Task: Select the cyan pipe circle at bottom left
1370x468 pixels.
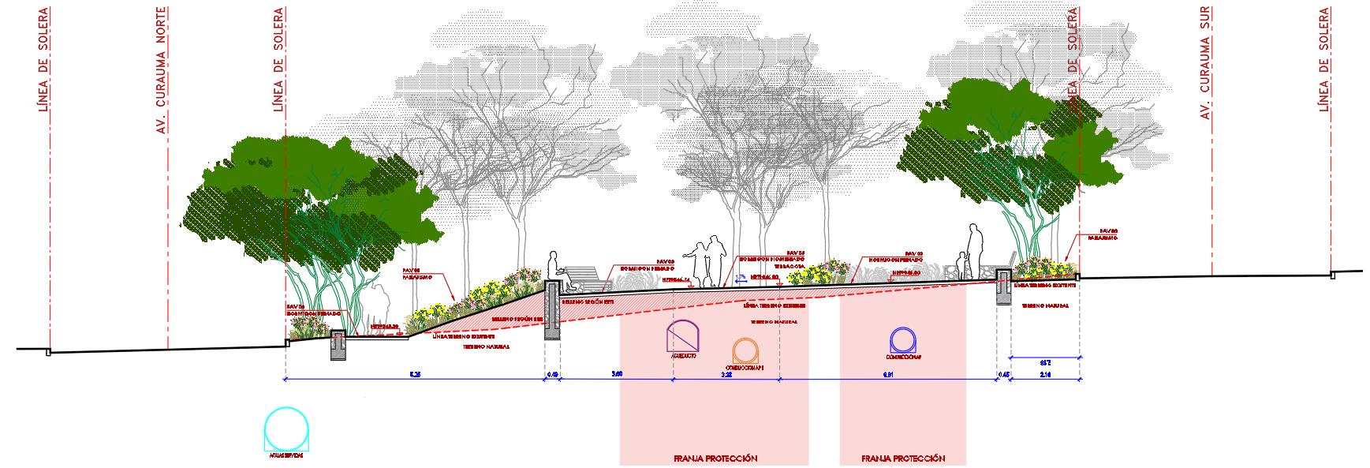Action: click(x=287, y=429)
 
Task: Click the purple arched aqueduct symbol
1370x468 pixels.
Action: click(x=683, y=336)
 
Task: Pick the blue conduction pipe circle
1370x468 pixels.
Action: click(x=903, y=341)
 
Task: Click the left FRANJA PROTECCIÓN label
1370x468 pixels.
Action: click(x=715, y=459)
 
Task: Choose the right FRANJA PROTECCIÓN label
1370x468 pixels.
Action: click(x=903, y=459)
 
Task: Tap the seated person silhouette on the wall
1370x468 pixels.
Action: click(x=554, y=268)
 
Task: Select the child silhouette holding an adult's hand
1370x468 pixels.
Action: click(x=960, y=264)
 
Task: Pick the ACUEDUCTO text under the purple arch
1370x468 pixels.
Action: click(x=683, y=357)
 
